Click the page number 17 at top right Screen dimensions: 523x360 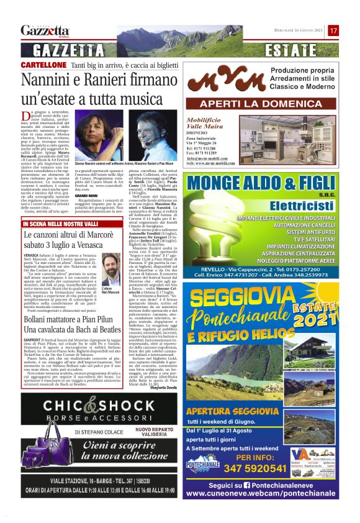click(333, 30)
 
